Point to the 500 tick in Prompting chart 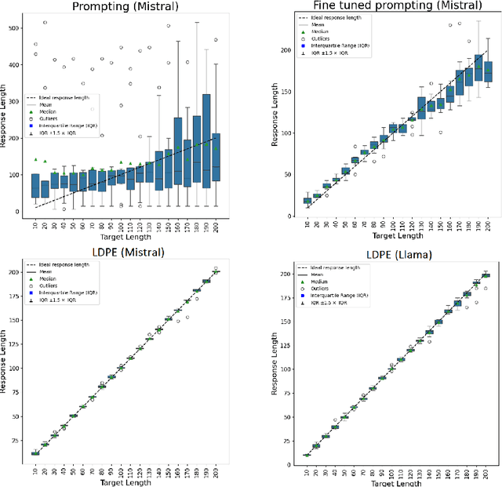click(13, 27)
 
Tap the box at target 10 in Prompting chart click(35, 185)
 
